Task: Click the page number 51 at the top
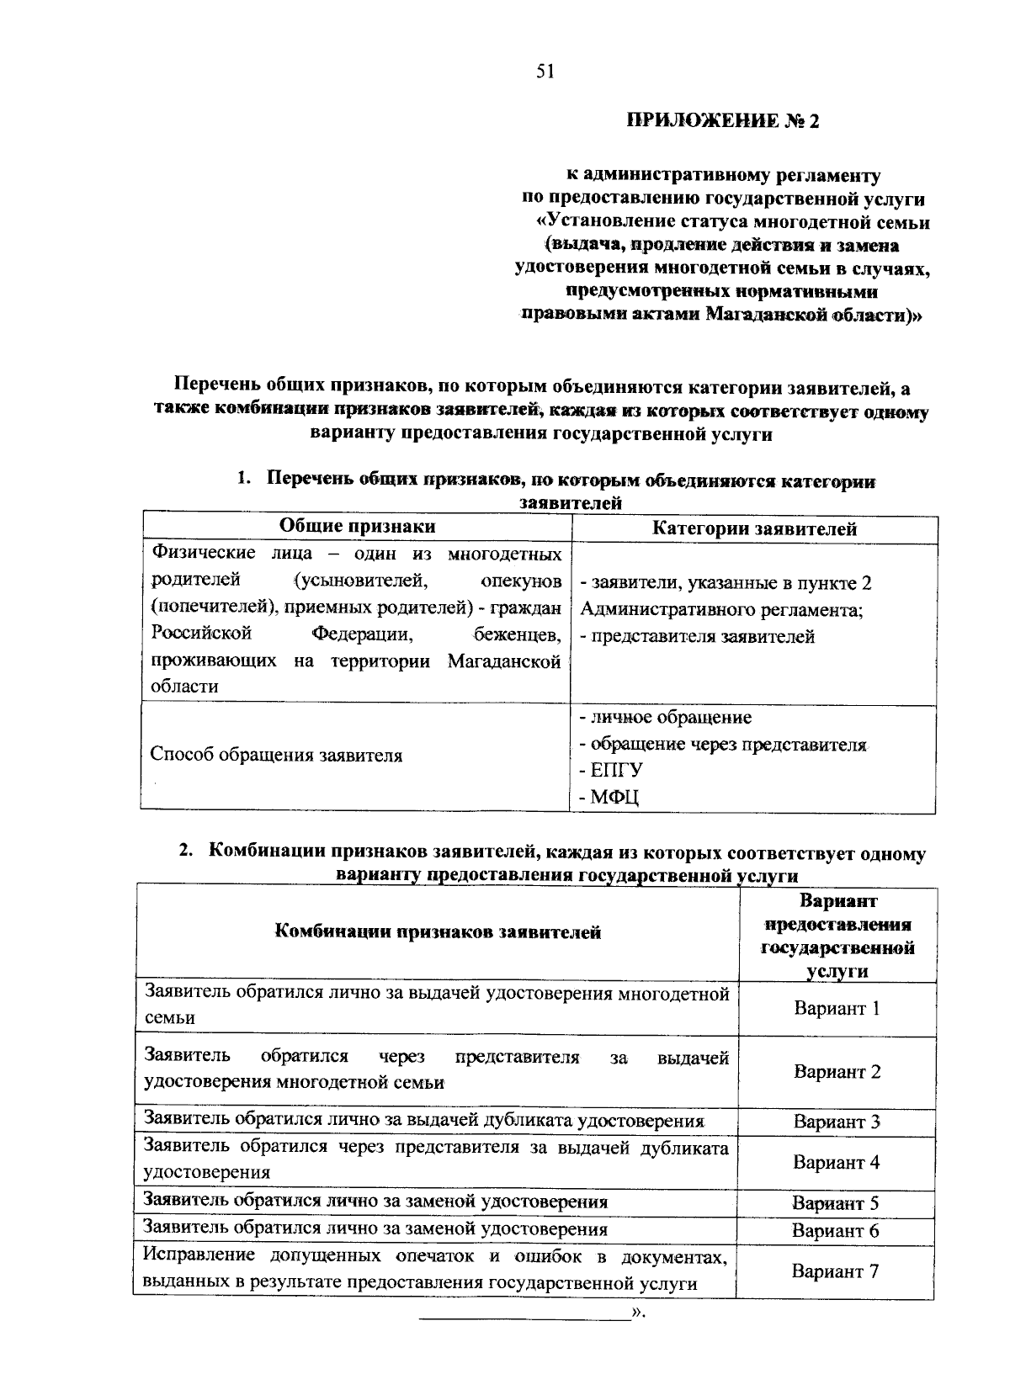tap(544, 72)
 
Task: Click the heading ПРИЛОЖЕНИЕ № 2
tap(721, 121)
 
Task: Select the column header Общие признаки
tap(358, 527)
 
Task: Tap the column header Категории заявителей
tap(755, 529)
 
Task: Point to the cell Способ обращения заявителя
tap(276, 755)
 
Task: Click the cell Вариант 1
tap(837, 1008)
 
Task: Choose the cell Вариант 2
tap(837, 1072)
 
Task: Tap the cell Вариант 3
tap(837, 1122)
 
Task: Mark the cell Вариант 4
tap(836, 1163)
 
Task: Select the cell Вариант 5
tap(836, 1203)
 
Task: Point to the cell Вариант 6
tap(836, 1231)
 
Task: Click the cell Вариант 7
tap(836, 1271)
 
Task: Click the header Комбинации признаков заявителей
tap(438, 932)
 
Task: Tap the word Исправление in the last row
tap(199, 1256)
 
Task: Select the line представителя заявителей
tap(697, 636)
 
